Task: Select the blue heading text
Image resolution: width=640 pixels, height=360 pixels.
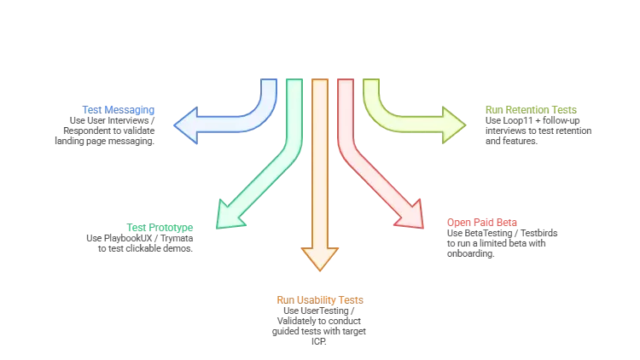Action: pyautogui.click(x=119, y=110)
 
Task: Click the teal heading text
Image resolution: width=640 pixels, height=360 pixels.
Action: pyautogui.click(x=160, y=227)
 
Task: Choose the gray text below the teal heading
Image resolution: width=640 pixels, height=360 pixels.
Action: pyautogui.click(x=140, y=241)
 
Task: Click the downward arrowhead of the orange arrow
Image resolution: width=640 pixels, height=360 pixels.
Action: pyautogui.click(x=320, y=258)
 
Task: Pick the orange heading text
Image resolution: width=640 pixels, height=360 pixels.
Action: pyautogui.click(x=320, y=300)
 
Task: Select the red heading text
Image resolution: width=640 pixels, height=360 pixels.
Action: pyautogui.click(x=482, y=223)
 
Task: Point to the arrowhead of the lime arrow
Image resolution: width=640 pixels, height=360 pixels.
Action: pyautogui.click(x=454, y=125)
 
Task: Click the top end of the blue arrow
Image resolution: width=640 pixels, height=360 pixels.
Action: pyautogui.click(x=268, y=82)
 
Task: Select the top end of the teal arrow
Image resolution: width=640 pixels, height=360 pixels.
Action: pyautogui.click(x=294, y=82)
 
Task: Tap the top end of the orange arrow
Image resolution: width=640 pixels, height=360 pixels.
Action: pyautogui.click(x=320, y=82)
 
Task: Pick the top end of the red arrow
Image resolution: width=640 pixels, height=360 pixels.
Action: pyautogui.click(x=346, y=82)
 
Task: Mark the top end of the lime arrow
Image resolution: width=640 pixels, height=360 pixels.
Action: pyautogui.click(x=372, y=82)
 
